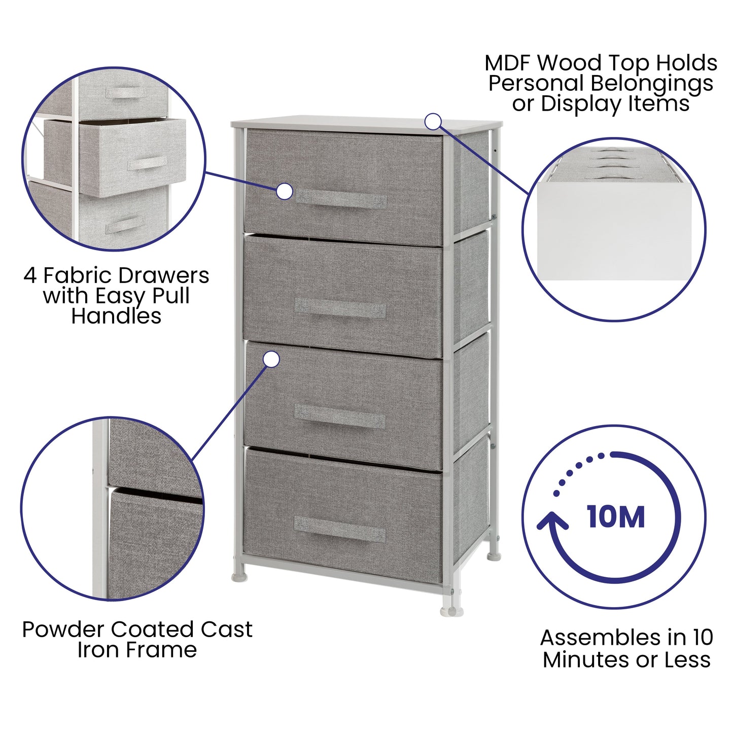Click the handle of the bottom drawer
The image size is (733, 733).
click(339, 529)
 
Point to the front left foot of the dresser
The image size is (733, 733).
click(240, 576)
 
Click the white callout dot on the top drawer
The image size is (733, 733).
click(285, 192)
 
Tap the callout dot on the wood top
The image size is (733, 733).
click(433, 121)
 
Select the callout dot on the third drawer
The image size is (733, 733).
click(272, 360)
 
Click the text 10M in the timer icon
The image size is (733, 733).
click(616, 517)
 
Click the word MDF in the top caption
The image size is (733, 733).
click(508, 63)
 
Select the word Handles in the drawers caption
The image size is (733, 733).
click(116, 316)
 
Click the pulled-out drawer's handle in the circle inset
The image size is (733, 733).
click(147, 163)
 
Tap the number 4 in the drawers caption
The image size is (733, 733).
click(30, 276)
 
